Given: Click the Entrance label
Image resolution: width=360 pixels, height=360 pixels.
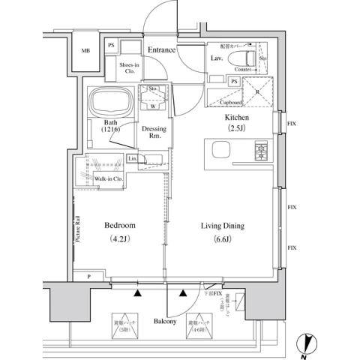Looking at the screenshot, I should coord(161,50).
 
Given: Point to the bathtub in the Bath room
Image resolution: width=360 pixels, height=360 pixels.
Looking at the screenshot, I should coord(111,102).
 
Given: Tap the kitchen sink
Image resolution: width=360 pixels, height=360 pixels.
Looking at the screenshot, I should coord(222,151).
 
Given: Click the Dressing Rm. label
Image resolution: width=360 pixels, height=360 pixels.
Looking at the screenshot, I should coord(154,132).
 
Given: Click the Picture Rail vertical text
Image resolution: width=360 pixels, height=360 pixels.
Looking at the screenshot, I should coord(78,229).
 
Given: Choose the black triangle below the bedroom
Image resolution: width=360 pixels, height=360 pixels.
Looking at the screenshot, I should coord(137,293).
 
